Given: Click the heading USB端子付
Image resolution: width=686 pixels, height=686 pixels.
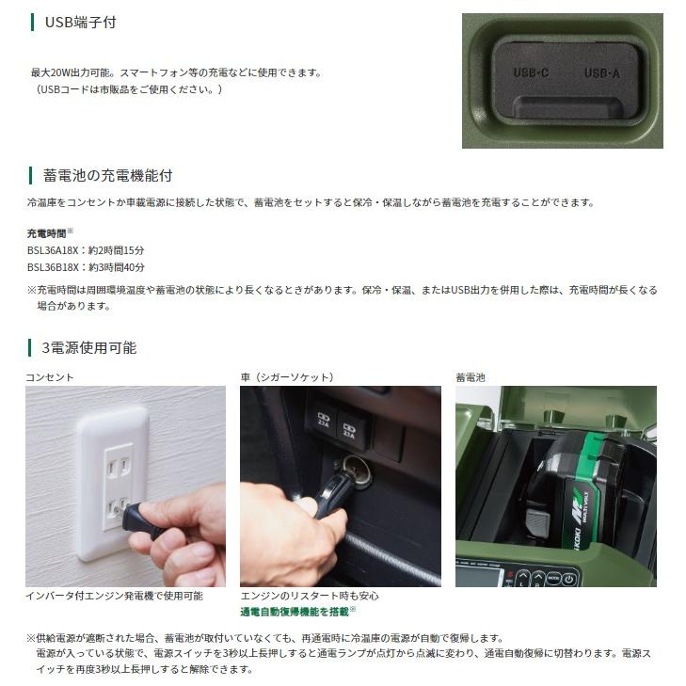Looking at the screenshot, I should coord(81,22).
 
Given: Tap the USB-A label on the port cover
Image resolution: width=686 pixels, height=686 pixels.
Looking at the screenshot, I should coord(601,72).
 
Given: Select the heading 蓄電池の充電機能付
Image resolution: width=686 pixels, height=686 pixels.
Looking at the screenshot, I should coord(107,176).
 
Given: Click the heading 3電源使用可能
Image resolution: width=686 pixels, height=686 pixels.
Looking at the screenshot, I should coord(89,348).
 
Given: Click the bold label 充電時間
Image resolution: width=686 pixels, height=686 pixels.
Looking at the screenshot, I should coord(47,232).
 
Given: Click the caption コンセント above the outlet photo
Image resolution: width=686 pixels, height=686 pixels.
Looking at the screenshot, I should coord(49,377).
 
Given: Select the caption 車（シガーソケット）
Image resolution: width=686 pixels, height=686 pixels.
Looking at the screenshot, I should coord(287,377).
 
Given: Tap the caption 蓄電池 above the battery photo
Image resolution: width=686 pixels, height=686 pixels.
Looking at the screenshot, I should coord(471,377).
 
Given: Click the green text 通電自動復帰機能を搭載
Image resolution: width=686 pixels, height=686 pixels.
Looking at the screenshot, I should coord(295,612).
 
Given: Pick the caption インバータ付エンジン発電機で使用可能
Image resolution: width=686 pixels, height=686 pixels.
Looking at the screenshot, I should coord(114,596).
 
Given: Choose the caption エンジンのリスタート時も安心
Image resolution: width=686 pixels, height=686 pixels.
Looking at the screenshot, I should coord(310,596).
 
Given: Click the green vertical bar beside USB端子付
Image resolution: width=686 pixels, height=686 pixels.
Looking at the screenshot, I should coord(33,22).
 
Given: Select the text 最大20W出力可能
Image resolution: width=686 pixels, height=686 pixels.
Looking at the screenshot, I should coord(68,72).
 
